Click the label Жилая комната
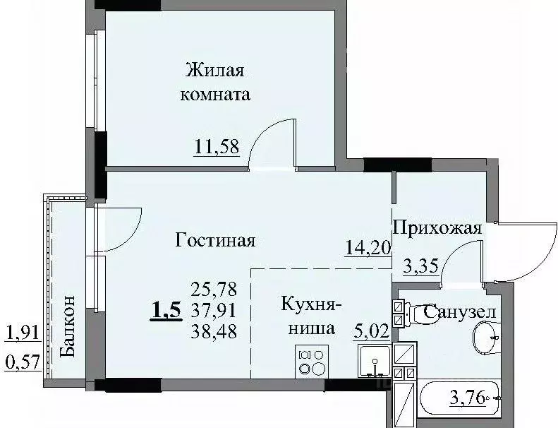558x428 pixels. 217,82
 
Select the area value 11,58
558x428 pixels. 217,147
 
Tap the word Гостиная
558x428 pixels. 214,240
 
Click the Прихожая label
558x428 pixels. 437,227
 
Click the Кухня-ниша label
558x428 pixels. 311,316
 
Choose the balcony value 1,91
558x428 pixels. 22,332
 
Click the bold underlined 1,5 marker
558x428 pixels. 166,309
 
